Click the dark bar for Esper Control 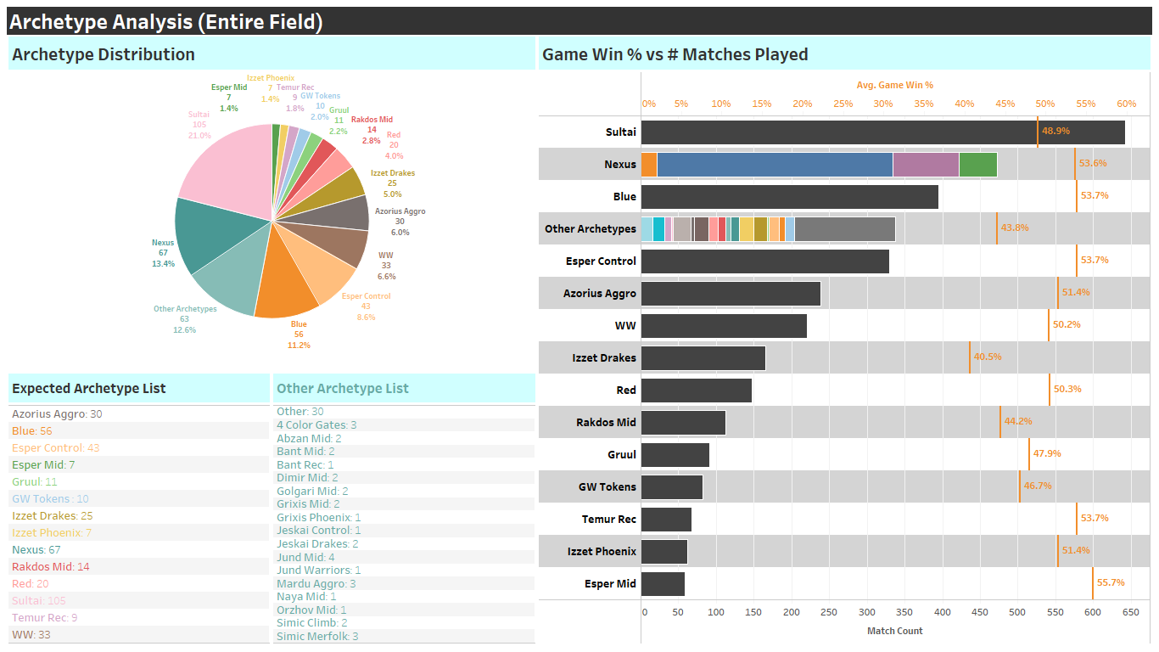point(764,261)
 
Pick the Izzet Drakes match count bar point(703,357)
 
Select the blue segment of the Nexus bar point(774,164)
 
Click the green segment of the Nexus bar point(977,164)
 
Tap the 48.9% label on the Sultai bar point(1055,132)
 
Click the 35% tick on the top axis point(923,104)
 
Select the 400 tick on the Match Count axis point(942,612)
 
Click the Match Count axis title point(894,631)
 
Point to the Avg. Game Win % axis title point(894,85)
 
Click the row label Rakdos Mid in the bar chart point(606,422)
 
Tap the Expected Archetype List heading point(88,389)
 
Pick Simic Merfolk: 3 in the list point(317,636)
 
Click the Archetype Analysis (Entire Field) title point(166,22)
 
